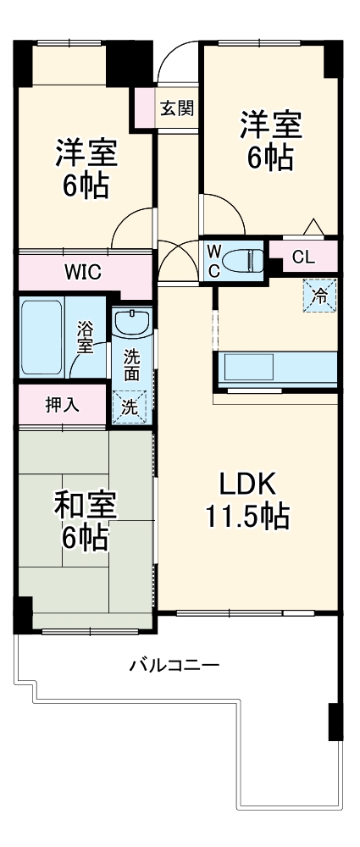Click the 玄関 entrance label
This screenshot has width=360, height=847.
(177, 108)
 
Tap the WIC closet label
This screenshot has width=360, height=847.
(83, 272)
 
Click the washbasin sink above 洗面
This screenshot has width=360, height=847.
(132, 323)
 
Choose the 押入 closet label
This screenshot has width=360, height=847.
(62, 404)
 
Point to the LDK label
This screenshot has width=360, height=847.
(247, 484)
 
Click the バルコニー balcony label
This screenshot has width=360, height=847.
(174, 665)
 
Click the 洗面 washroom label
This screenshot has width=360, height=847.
(132, 363)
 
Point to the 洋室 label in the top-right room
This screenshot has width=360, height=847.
(269, 126)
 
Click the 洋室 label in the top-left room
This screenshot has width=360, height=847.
(86, 153)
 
